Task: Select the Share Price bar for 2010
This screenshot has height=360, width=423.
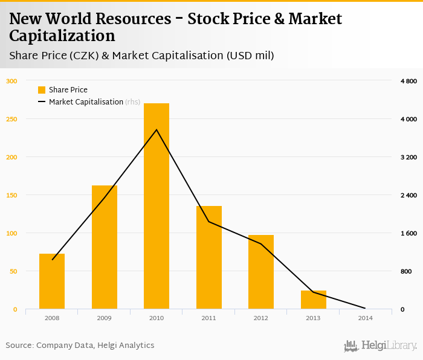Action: coord(157,206)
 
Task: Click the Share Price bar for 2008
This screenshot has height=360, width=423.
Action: coord(52,281)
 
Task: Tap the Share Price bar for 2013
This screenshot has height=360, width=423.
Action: coord(313,300)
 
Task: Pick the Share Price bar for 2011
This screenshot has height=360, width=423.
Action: coord(208,257)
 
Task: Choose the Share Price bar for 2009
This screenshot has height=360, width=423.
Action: coord(104,247)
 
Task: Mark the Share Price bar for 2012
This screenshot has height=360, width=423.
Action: coord(261,272)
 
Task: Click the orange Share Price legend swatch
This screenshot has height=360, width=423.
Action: coord(42,90)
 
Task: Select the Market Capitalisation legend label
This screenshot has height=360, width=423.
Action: coord(86,102)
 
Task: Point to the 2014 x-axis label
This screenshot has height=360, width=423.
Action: coord(365,317)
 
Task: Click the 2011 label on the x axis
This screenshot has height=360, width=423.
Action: coord(208,317)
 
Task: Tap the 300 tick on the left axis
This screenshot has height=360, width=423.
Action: coord(12,81)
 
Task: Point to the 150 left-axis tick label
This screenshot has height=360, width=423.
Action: coord(12,195)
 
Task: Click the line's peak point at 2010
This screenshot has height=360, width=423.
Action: coord(157,129)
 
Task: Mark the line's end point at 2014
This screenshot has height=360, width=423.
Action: coord(365,309)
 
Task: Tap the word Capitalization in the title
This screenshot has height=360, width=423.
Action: coord(62,36)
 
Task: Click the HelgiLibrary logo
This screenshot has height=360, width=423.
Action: coord(380,346)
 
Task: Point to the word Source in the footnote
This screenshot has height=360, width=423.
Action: coord(19,346)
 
